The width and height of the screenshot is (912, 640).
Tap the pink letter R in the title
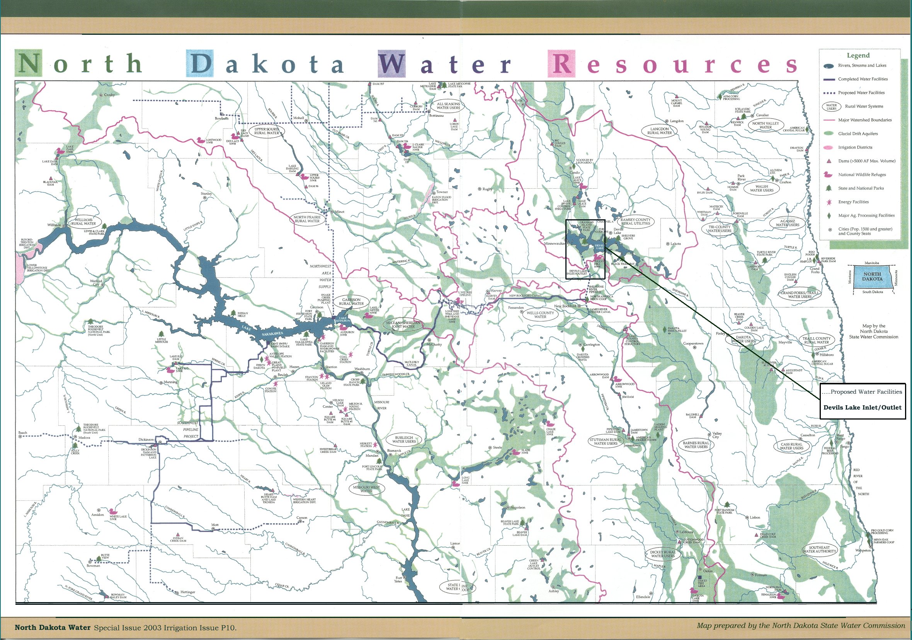tap(561, 63)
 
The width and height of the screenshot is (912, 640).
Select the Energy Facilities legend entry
tap(853, 202)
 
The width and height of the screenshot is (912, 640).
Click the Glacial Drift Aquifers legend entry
tap(858, 133)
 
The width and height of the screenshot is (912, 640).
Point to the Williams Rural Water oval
tap(83, 222)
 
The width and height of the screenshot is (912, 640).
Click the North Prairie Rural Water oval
tap(307, 218)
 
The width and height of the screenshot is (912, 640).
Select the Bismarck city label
tap(394, 451)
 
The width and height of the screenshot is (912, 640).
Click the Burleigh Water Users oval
tap(403, 439)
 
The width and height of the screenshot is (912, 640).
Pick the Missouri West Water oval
tap(366, 488)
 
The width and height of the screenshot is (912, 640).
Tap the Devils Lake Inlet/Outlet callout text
tap(863, 408)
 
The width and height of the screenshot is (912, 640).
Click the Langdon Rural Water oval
tap(659, 131)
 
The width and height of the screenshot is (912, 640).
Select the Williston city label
tap(54, 225)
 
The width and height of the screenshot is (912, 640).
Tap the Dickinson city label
tap(146, 440)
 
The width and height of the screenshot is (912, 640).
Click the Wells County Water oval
tap(540, 314)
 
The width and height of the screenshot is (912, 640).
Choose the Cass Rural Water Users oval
tap(791, 446)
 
